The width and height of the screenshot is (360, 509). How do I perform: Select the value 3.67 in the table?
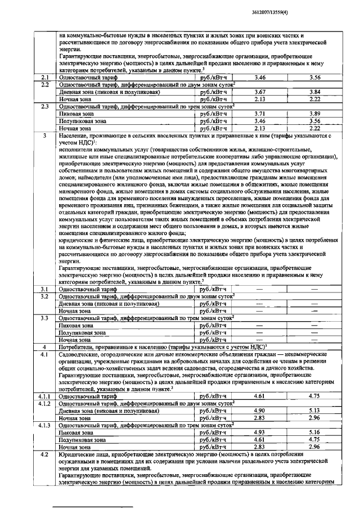coord(259,92)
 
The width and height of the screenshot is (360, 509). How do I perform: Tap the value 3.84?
coord(315,92)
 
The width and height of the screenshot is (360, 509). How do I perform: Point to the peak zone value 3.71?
coord(259,114)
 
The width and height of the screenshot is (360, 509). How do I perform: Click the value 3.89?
coord(315,114)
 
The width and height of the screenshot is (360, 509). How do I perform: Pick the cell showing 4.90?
coord(259,411)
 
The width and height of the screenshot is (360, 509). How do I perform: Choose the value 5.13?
coord(315,411)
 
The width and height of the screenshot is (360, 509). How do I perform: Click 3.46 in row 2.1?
coord(259,77)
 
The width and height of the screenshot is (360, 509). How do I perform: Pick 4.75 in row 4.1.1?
coord(315,397)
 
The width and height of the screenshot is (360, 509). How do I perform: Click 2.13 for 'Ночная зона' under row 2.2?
coord(259,99)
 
